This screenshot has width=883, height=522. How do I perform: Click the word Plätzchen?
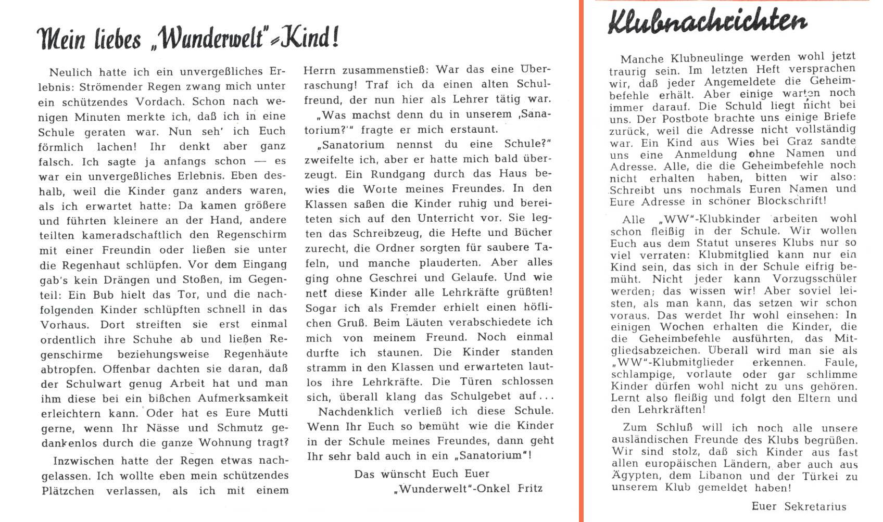coord(68,490)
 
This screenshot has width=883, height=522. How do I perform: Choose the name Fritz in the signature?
coord(530,488)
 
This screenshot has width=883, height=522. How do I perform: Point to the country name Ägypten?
coord(636,476)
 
